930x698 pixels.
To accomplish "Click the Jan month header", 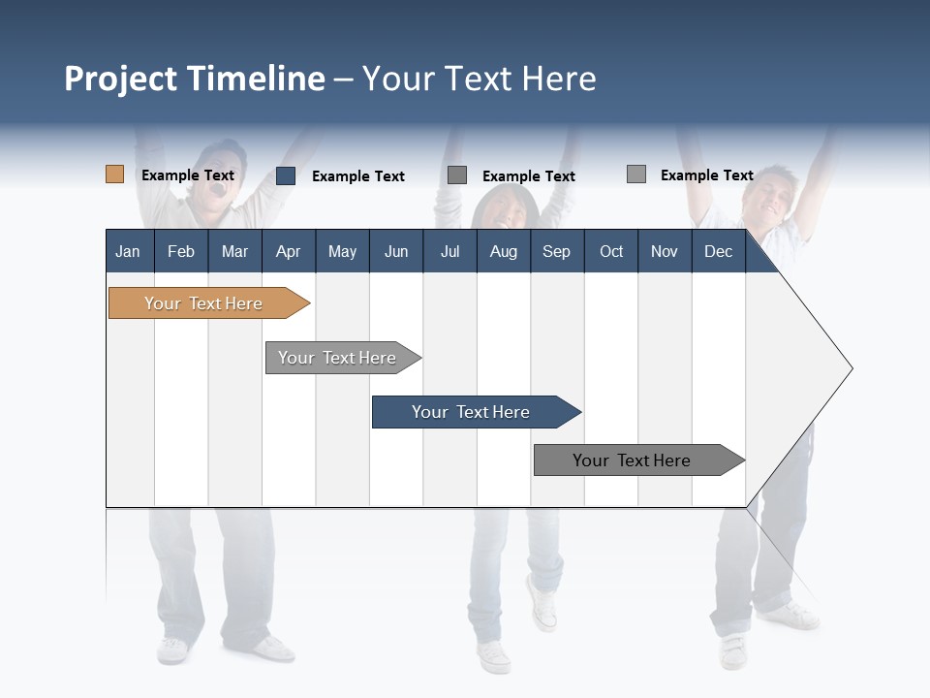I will click(x=128, y=251).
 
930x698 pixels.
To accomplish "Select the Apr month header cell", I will click(x=288, y=251).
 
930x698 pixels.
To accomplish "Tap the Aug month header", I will click(x=503, y=251).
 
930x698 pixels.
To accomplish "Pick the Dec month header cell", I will click(x=718, y=251).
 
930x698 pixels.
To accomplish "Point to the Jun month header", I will click(x=395, y=251).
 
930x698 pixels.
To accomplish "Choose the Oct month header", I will click(x=610, y=251).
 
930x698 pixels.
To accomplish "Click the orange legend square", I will click(x=114, y=174).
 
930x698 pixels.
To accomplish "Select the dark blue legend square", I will click(x=286, y=175).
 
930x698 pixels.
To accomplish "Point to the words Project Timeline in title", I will click(x=195, y=79).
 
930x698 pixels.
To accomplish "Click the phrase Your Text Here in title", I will click(x=479, y=79).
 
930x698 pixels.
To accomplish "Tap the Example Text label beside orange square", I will click(x=187, y=175).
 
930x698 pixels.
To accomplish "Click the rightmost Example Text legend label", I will click(x=706, y=175).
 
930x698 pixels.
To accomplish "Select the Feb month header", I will click(x=181, y=251).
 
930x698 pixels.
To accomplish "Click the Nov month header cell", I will click(x=664, y=251).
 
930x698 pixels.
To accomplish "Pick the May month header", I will click(x=342, y=251).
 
